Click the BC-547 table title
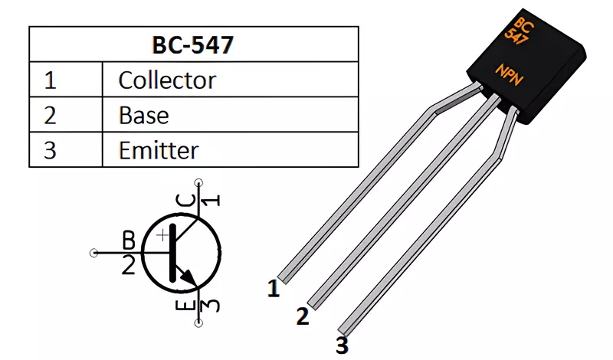tap(193, 44)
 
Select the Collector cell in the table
tap(167, 80)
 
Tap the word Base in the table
tap(144, 116)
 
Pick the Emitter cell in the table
tap(159, 150)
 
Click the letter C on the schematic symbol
tap(185, 201)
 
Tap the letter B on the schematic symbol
tap(129, 240)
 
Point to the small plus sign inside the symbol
tap(162, 235)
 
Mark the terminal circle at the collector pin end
tap(199, 182)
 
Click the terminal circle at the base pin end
tap(93, 253)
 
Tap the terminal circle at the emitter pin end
tap(199, 323)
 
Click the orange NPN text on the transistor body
tap(510, 74)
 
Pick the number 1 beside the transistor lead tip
tap(274, 289)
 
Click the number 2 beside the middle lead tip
tap(303, 316)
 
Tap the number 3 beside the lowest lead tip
tap(342, 345)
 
